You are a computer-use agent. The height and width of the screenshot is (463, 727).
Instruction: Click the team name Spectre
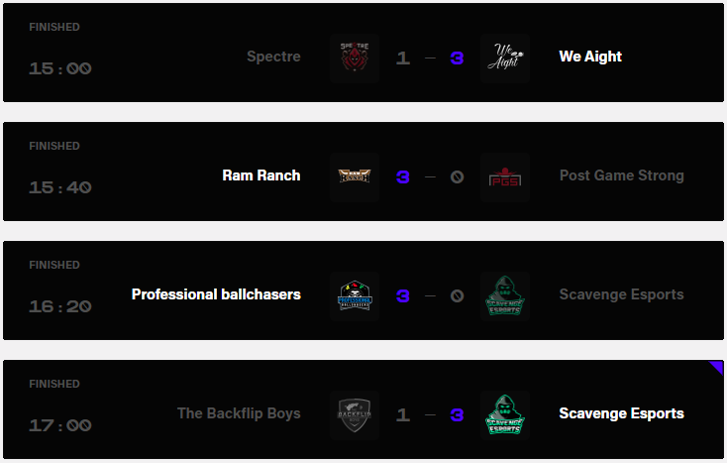(x=273, y=57)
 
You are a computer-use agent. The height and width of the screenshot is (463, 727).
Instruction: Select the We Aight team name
(x=590, y=57)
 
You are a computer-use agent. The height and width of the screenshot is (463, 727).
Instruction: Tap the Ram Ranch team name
(x=261, y=175)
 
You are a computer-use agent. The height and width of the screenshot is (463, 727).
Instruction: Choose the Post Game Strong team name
(x=621, y=175)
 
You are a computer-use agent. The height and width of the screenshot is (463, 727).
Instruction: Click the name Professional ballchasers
(x=216, y=294)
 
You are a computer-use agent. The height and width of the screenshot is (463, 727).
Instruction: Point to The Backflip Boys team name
(x=239, y=413)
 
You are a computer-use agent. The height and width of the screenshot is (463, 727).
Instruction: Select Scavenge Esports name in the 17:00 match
(x=621, y=413)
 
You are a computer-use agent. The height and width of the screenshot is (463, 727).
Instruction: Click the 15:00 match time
(x=59, y=68)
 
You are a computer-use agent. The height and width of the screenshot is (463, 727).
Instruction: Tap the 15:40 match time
(x=59, y=187)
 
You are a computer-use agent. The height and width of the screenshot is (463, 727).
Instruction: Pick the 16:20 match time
(x=59, y=306)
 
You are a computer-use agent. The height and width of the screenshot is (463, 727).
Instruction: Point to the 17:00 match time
(x=59, y=425)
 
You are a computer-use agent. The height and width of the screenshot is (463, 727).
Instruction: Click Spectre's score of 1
(x=402, y=58)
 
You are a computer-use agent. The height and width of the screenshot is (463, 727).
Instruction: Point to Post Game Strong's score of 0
(x=457, y=177)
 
